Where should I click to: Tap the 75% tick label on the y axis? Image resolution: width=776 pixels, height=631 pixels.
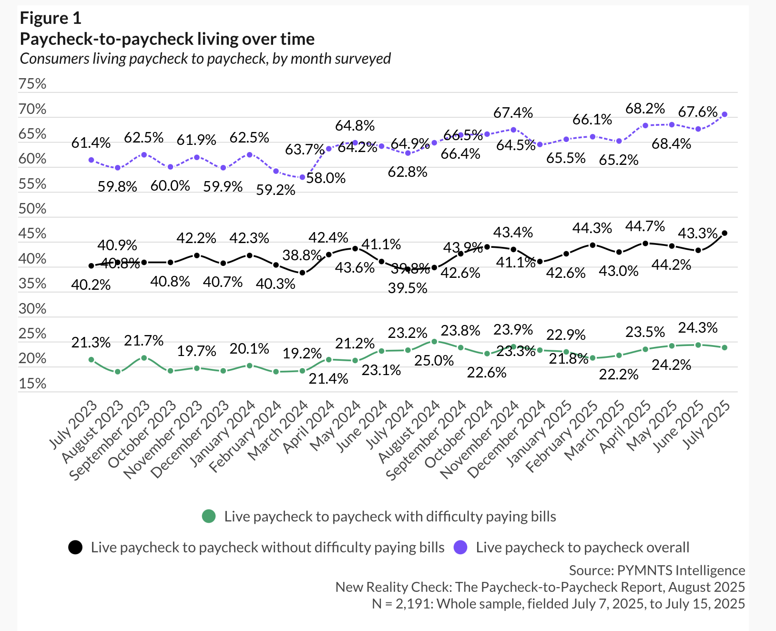click(32, 84)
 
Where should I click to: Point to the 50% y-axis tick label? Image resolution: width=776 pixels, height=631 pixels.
click(32, 209)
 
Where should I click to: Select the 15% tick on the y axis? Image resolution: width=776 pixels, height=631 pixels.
click(32, 384)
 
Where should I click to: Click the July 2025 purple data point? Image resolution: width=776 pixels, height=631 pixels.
click(725, 114)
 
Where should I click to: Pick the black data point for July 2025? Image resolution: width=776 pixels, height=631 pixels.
click(725, 233)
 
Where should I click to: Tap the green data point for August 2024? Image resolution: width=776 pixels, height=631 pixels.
click(434, 341)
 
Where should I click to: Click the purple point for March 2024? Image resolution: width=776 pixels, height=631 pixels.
click(302, 177)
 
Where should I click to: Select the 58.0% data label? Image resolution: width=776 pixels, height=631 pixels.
click(326, 178)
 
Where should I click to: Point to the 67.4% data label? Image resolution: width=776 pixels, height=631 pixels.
click(513, 113)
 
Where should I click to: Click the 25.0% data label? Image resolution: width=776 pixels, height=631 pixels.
click(434, 361)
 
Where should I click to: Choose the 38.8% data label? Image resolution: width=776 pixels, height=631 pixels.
click(302, 255)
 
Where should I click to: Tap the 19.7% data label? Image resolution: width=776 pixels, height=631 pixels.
click(197, 352)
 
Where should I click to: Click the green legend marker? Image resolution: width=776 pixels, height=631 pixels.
click(209, 516)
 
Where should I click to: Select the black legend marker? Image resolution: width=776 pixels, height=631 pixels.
click(75, 548)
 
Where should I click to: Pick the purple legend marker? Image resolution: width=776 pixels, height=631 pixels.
click(460, 548)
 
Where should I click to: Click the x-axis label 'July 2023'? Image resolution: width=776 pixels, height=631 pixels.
click(74, 426)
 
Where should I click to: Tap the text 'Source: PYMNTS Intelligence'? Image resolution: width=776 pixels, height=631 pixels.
click(657, 570)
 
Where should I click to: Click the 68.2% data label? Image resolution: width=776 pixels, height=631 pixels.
click(645, 109)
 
